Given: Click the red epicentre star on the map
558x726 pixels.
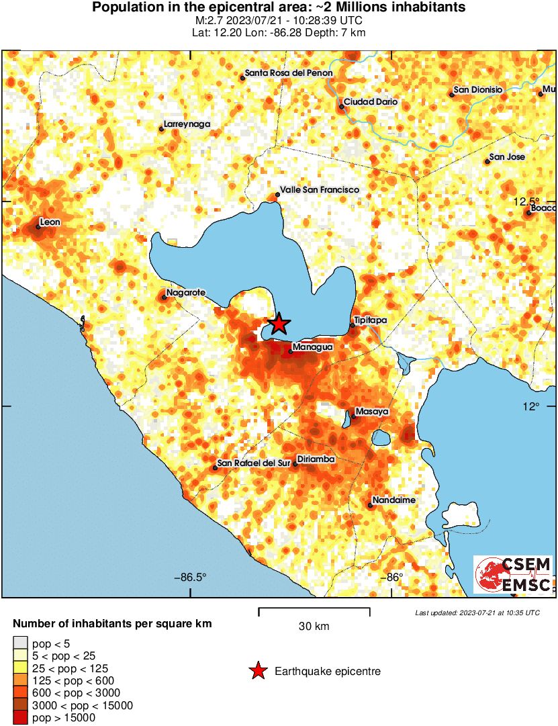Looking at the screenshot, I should click(x=279, y=324).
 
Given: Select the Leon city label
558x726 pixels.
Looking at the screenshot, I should click(x=50, y=222).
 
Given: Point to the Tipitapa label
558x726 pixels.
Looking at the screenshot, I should click(x=371, y=320).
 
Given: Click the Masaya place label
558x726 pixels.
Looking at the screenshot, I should click(x=372, y=411).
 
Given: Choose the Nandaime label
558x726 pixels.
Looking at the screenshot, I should click(x=393, y=500).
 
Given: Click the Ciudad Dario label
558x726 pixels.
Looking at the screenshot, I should click(x=371, y=103).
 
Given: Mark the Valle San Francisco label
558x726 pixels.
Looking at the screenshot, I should click(x=319, y=190).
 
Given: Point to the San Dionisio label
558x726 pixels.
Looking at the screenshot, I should click(x=478, y=89).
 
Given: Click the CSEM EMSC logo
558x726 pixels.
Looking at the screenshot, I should click(x=514, y=574).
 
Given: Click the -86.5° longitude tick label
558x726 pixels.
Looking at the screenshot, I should click(x=191, y=577).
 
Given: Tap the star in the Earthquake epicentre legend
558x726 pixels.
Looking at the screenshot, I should click(x=257, y=671).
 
